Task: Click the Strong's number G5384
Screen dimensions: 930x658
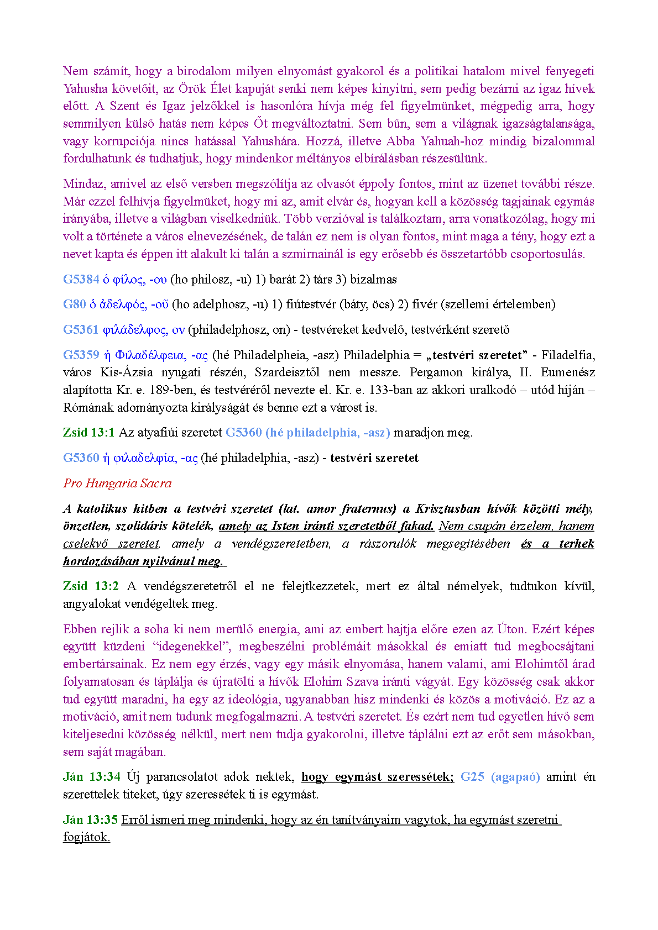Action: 81,280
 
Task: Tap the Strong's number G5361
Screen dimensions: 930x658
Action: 81,330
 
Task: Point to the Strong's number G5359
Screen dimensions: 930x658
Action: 81,355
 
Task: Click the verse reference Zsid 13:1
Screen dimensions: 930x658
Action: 88,433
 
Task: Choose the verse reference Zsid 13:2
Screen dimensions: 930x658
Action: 91,586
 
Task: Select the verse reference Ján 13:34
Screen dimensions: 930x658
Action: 91,777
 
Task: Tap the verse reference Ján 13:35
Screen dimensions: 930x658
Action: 90,820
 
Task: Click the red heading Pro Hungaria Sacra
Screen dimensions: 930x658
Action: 117,484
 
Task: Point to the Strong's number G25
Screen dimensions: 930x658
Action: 472,777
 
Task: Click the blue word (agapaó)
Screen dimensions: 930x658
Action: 515,777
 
